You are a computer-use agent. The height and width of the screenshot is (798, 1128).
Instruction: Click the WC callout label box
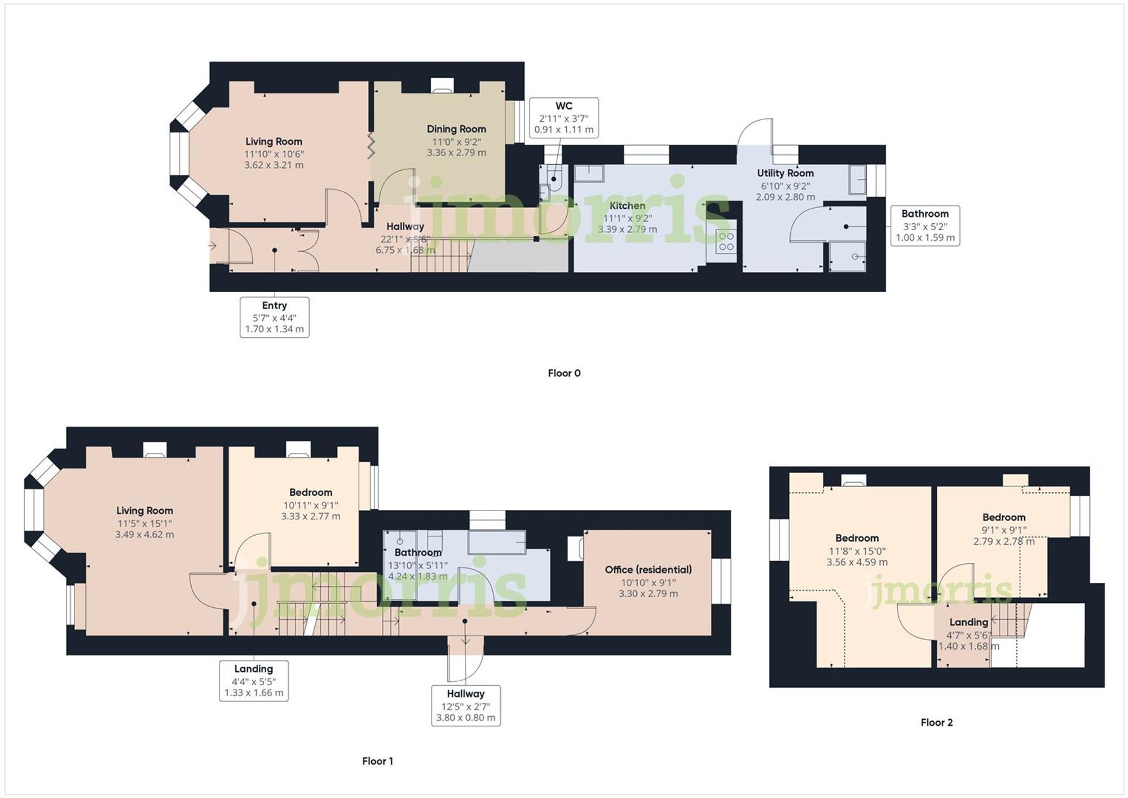[x=563, y=117]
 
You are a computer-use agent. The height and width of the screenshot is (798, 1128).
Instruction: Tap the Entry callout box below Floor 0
[x=275, y=317]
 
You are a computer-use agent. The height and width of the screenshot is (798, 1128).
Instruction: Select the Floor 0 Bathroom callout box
[x=925, y=226]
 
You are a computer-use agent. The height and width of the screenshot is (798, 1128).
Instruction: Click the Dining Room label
[x=456, y=129]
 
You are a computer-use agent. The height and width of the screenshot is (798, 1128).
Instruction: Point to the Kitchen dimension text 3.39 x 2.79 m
[x=627, y=230]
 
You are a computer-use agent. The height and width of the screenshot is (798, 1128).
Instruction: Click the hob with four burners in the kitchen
[x=726, y=241]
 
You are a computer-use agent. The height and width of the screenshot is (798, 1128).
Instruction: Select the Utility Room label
[x=785, y=173]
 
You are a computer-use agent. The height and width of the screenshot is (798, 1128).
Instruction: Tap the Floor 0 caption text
[x=564, y=373]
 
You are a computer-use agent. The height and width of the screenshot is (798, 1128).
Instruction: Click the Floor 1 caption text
[x=377, y=761]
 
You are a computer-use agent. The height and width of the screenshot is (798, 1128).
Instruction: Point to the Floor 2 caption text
[x=936, y=722]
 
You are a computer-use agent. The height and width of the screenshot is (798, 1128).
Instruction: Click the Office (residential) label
[x=648, y=570]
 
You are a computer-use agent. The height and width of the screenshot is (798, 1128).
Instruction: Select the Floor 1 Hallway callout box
[x=465, y=706]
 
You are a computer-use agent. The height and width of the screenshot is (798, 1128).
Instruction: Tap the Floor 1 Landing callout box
[x=254, y=681]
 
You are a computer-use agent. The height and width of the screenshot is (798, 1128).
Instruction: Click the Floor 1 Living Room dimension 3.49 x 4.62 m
[x=144, y=535]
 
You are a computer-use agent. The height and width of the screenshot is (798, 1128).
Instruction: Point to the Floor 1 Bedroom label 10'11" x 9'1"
[x=311, y=505]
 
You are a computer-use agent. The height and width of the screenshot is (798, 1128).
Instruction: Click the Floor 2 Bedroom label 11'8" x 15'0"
[x=857, y=551]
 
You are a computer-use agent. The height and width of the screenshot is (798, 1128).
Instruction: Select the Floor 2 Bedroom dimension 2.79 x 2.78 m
[x=1003, y=541]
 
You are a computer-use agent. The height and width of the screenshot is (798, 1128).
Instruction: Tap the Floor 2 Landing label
[x=968, y=622]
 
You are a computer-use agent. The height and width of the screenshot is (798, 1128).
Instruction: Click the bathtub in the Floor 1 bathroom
[x=496, y=543]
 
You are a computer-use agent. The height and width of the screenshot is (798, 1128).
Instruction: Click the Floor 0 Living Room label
[x=274, y=142]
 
